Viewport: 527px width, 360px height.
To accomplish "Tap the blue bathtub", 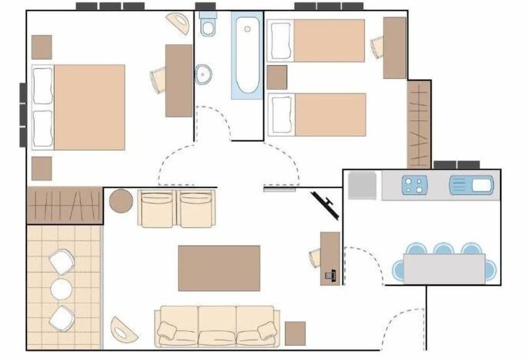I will click(x=247, y=57).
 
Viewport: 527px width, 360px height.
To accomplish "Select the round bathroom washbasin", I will click(x=205, y=74).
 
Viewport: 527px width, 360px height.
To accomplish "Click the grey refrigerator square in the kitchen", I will click(x=362, y=186).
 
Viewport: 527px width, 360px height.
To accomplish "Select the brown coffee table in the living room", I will click(x=219, y=268).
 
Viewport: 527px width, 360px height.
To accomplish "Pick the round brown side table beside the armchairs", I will click(x=121, y=201).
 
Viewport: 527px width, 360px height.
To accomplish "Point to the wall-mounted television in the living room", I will click(x=325, y=204).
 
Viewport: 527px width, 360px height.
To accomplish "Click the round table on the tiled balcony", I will click(x=61, y=289).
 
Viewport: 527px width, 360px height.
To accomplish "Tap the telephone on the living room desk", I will click(x=331, y=275).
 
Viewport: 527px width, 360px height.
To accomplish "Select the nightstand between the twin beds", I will click(x=277, y=77).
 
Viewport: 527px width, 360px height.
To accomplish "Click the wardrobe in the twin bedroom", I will click(x=419, y=124).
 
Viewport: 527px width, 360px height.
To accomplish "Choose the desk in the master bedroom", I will click(x=179, y=80).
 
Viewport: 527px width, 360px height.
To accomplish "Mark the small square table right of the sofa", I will click(x=296, y=333).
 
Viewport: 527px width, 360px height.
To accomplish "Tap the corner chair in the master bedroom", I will click(x=177, y=23).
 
